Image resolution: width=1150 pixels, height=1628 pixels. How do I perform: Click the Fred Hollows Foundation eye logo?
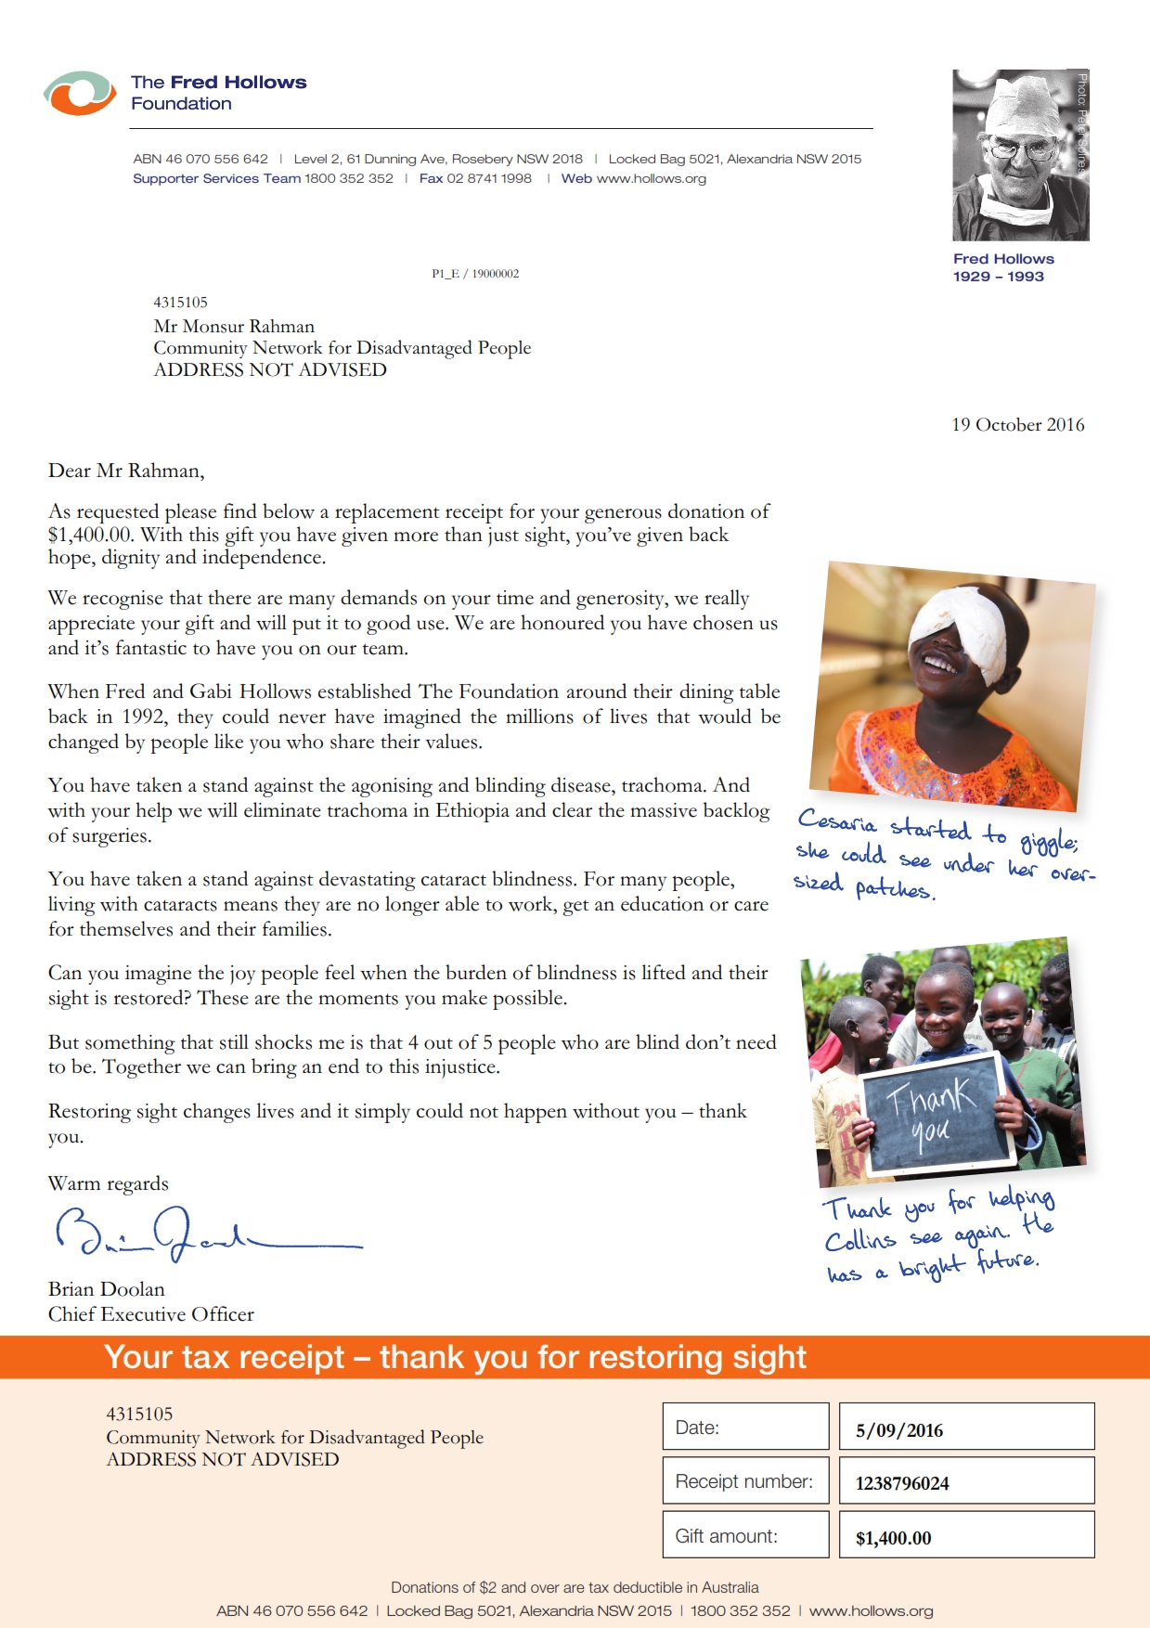[x=80, y=93]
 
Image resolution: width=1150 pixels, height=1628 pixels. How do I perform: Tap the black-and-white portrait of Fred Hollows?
[x=1020, y=155]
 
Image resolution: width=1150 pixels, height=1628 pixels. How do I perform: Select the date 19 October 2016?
[x=1017, y=425]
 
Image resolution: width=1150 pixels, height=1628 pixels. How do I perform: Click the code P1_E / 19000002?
[x=475, y=274]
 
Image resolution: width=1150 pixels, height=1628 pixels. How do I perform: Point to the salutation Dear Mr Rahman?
[x=126, y=471]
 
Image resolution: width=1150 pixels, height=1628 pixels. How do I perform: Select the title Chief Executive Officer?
[x=151, y=1314]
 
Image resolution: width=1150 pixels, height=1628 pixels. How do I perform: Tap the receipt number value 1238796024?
[x=902, y=1483]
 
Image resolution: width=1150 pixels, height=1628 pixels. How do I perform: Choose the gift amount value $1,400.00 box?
[x=965, y=1537]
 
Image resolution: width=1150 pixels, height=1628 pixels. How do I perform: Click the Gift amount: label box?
[x=745, y=1536]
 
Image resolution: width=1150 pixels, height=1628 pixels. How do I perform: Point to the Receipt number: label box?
[x=745, y=1481]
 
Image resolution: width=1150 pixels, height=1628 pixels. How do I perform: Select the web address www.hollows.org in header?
[x=652, y=178]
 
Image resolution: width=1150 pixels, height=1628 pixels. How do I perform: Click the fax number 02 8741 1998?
[x=489, y=178]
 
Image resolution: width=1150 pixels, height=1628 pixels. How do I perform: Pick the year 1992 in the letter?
[x=144, y=717]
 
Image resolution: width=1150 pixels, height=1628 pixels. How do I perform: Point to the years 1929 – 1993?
[x=998, y=277]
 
